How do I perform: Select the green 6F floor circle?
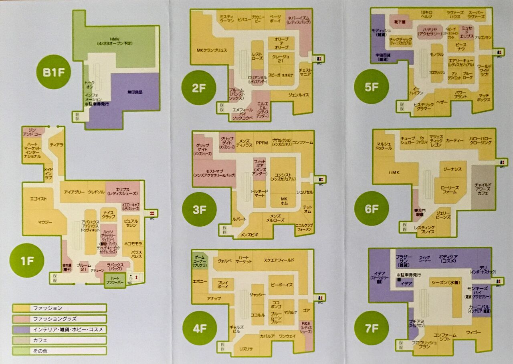pos(372,208)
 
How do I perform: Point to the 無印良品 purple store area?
pos(135,93)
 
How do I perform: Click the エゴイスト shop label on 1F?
pos(38,199)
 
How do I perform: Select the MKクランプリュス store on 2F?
pos(212,51)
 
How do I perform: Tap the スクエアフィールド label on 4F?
pos(279,260)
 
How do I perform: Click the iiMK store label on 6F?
pos(394,172)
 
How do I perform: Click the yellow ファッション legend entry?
pos(59,308)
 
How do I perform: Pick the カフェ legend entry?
pos(59,340)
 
